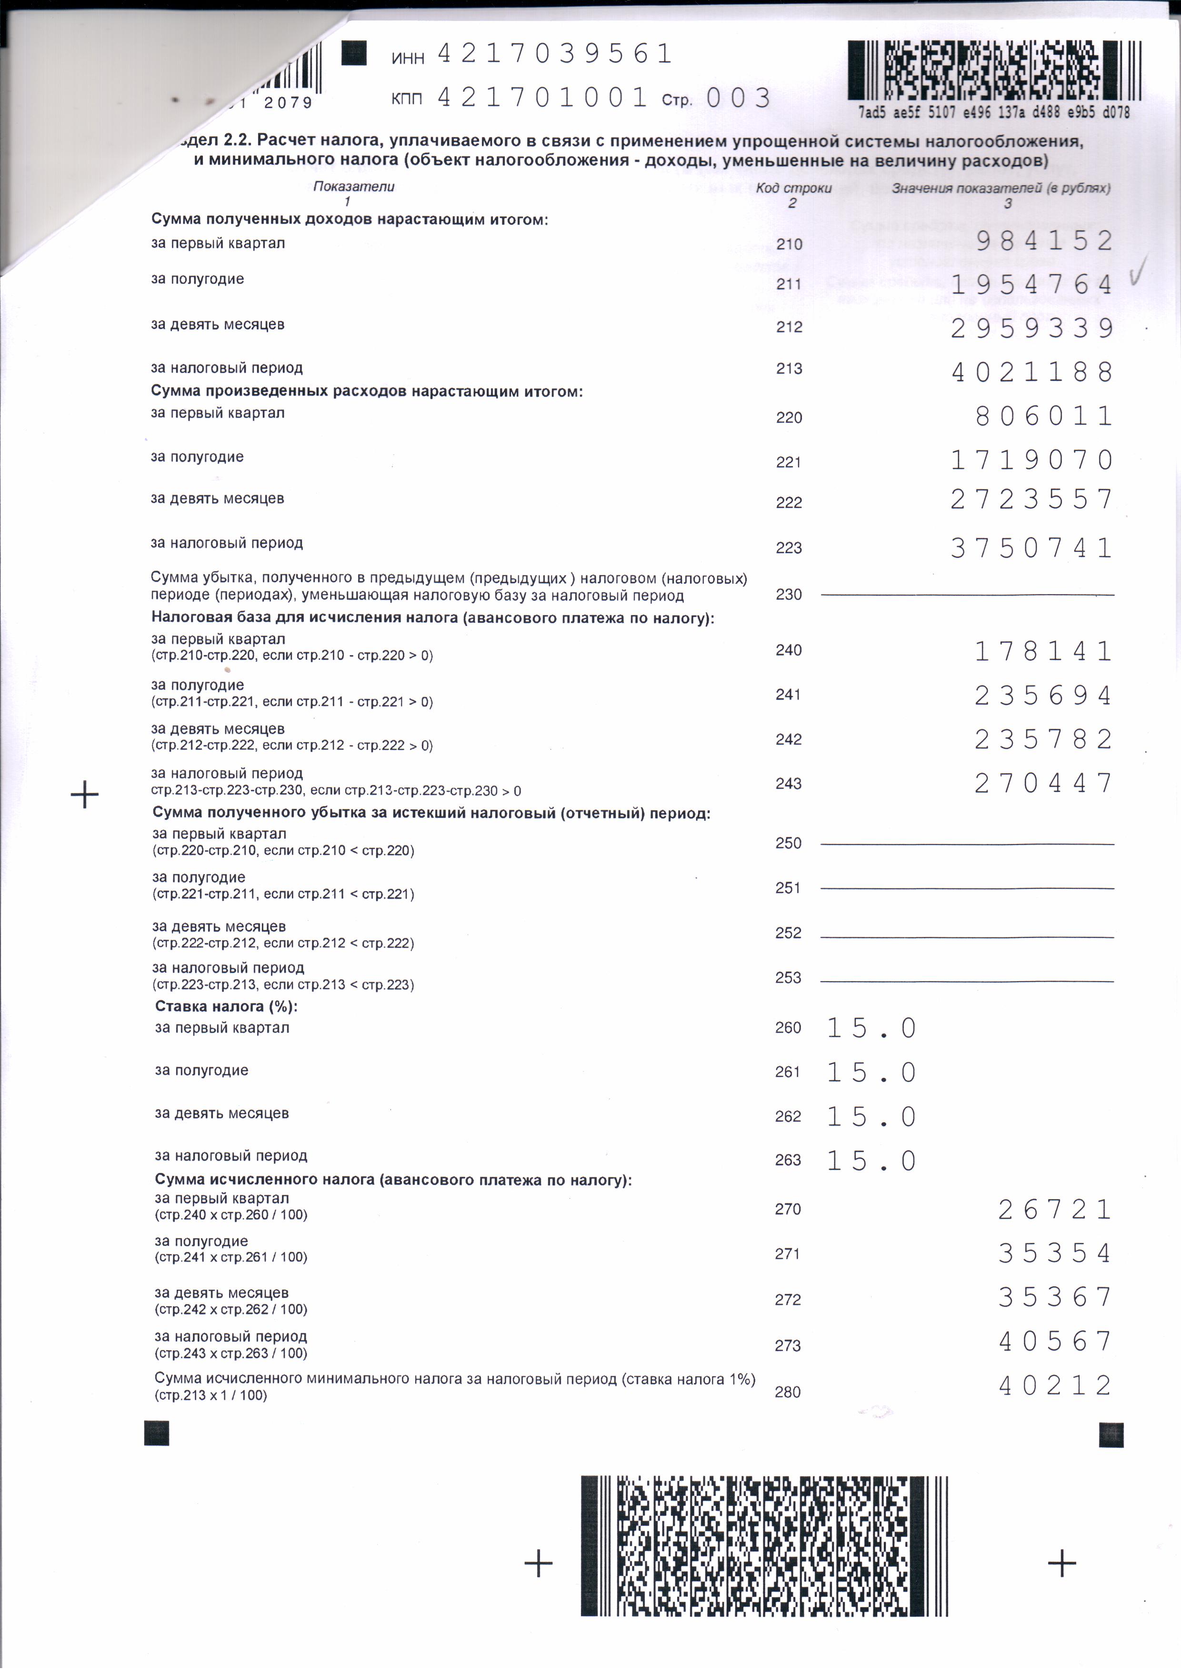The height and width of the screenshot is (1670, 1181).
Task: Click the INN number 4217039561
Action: point(554,54)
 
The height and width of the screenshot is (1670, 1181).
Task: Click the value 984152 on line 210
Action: point(1044,241)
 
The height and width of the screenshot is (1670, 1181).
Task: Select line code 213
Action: point(789,369)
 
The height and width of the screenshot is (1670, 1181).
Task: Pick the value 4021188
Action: point(1032,372)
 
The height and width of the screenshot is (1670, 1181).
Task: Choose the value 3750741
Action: point(1032,547)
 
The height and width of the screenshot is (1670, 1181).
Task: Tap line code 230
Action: point(789,594)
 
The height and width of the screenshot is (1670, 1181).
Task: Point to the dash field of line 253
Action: point(967,981)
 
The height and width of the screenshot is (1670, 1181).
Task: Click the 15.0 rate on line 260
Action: point(871,1028)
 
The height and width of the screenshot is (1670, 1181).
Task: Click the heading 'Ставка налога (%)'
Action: point(226,1007)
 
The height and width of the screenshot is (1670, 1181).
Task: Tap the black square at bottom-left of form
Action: point(157,1433)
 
